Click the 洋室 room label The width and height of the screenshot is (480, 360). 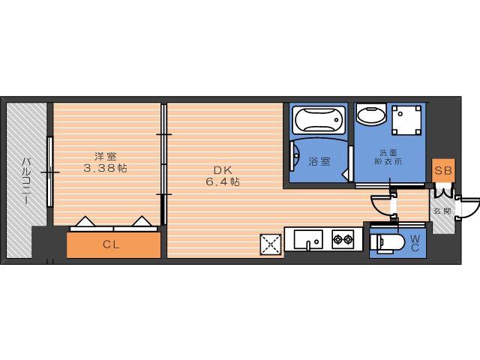coord(105,157)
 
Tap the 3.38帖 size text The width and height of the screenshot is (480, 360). coord(105,168)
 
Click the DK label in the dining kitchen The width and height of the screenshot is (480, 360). coord(223,170)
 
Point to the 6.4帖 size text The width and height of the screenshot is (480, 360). coord(223,181)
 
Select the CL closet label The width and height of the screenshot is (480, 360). coord(111,244)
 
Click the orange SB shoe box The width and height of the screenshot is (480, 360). coord(443,170)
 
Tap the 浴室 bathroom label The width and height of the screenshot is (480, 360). coord(319,161)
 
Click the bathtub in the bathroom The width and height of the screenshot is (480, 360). coord(319,120)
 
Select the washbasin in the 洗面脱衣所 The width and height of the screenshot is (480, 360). coord(371,113)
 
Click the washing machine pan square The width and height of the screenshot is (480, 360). coord(406,120)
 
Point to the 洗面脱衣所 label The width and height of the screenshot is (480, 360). coord(388,157)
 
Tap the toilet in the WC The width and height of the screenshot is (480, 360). coord(386,243)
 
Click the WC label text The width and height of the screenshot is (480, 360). coord(415,243)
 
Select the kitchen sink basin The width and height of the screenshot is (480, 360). coord(308,239)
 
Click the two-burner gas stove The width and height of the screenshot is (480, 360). coord(343,239)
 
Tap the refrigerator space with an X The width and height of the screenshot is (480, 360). coord(271,244)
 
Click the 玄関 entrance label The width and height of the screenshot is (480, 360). coord(442,211)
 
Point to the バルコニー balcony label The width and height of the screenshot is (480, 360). coord(25,181)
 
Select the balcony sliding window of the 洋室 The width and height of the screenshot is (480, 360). coord(50,172)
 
